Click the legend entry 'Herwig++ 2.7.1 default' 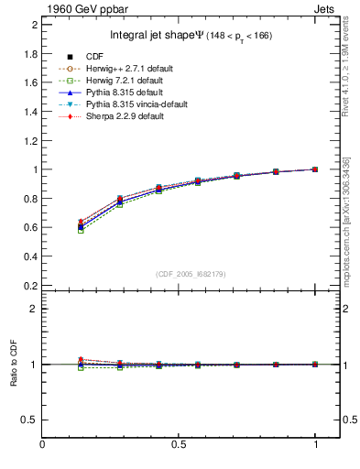coord(125,70)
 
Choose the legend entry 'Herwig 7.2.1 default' coord(123,82)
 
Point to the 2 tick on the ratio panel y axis coord(34,309)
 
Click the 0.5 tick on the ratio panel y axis coord(31,420)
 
